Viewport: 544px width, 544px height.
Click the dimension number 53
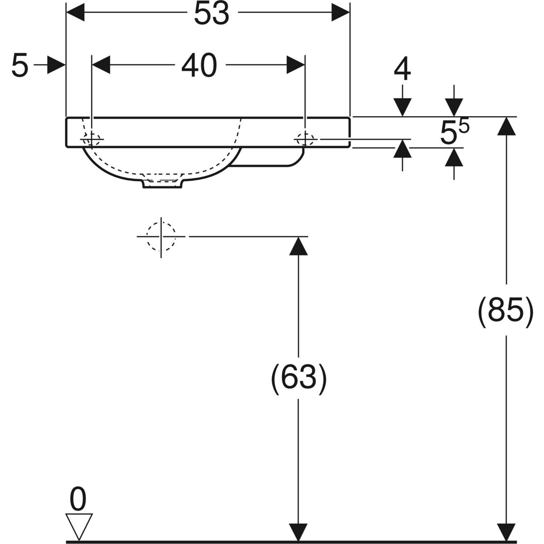click(211, 15)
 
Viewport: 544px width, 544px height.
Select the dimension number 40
click(199, 66)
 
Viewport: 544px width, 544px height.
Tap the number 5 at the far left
click(19, 66)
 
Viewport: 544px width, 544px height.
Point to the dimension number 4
click(402, 70)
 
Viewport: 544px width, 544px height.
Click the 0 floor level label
click(78, 500)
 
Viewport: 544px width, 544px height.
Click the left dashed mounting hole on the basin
click(91, 139)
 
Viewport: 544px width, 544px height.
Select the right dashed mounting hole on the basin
click(305, 139)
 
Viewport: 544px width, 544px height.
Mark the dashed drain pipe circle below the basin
click(160, 236)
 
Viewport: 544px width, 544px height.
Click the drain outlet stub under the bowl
click(163, 183)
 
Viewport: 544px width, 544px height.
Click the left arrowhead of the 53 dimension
click(76, 12)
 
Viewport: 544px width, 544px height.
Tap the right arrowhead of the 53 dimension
click(340, 12)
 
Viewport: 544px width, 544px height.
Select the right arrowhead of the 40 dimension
click(296, 65)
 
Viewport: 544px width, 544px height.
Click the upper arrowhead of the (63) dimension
click(298, 245)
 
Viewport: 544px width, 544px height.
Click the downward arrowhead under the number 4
click(402, 107)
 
